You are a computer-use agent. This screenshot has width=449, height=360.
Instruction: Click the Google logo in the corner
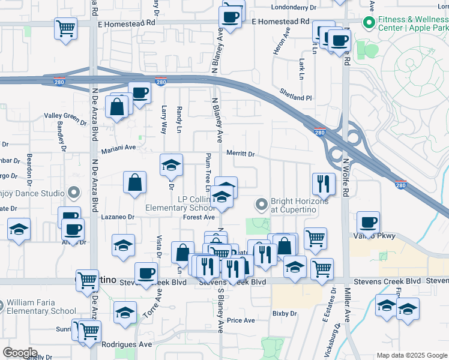(20, 353)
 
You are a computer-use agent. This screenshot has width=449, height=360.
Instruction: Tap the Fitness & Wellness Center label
(412, 23)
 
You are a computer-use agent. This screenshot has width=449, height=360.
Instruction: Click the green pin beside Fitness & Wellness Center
(368, 23)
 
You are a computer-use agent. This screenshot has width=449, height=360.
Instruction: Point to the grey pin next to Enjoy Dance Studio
(74, 193)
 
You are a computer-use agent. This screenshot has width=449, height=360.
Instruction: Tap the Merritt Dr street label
(240, 154)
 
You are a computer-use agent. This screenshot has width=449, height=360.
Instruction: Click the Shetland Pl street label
(297, 97)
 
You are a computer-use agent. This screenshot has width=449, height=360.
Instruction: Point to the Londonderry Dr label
(294, 8)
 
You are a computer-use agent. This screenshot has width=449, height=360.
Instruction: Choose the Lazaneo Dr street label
(116, 217)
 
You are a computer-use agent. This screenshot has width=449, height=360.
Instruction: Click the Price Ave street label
(241, 320)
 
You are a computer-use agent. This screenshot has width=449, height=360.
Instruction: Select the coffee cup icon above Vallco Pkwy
(368, 222)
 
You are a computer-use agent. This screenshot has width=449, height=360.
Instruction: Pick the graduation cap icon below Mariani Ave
(171, 165)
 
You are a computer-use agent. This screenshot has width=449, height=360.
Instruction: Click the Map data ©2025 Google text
(412, 355)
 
